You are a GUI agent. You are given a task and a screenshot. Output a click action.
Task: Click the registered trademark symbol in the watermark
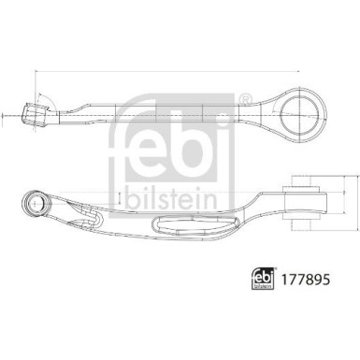point(244,98)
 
